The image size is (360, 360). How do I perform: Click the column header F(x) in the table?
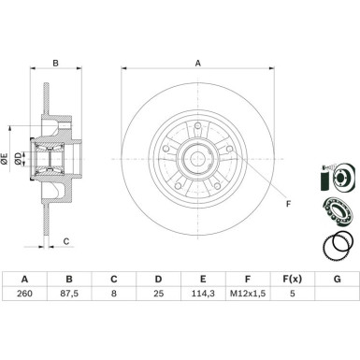(292, 280)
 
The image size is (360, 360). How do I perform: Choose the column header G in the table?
(337, 280)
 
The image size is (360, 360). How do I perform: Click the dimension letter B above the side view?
(55, 64)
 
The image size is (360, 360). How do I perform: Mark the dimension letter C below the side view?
(66, 241)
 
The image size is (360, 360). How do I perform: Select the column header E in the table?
(202, 280)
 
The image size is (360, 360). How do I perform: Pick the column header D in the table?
(157, 280)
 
